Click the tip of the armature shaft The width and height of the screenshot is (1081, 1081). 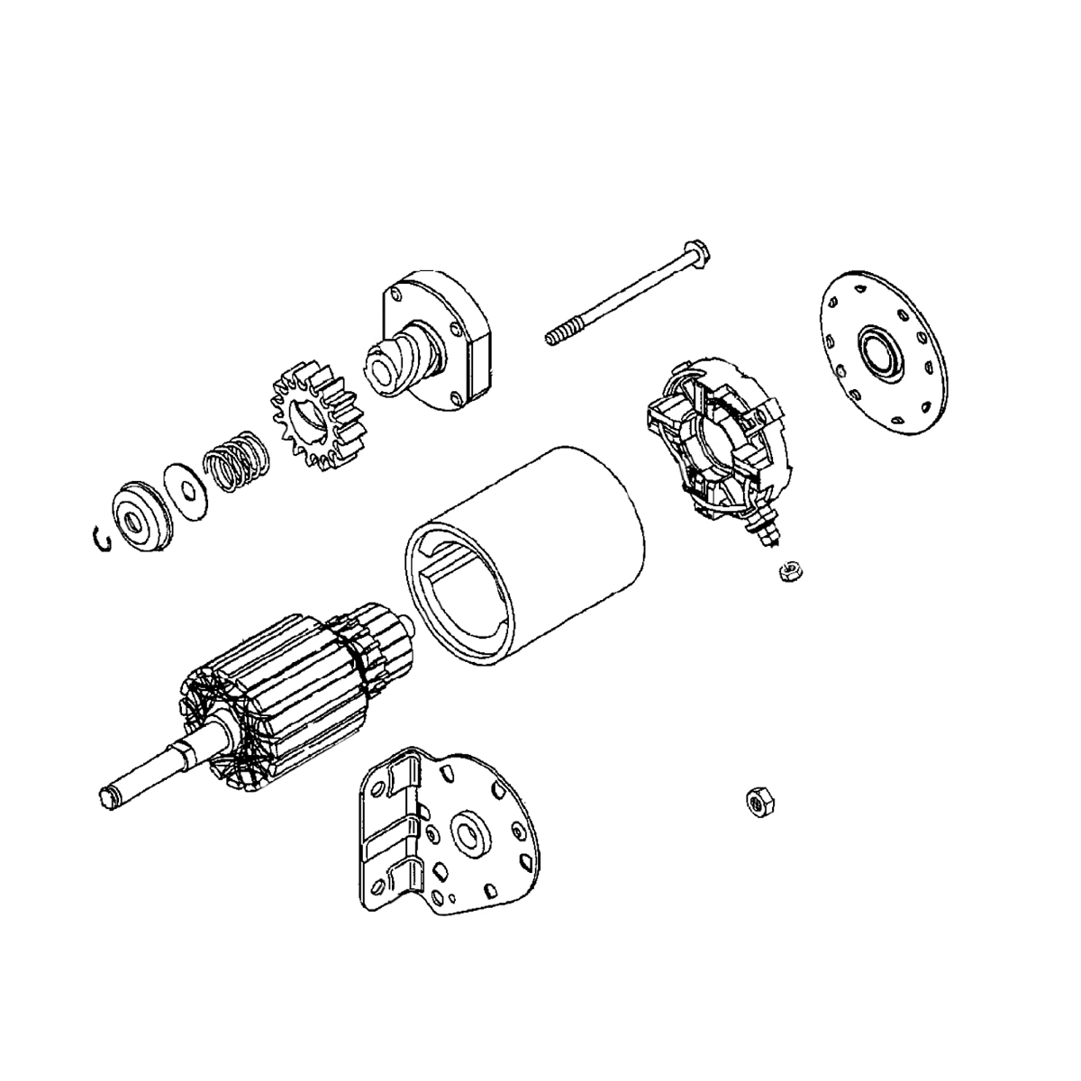108,795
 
